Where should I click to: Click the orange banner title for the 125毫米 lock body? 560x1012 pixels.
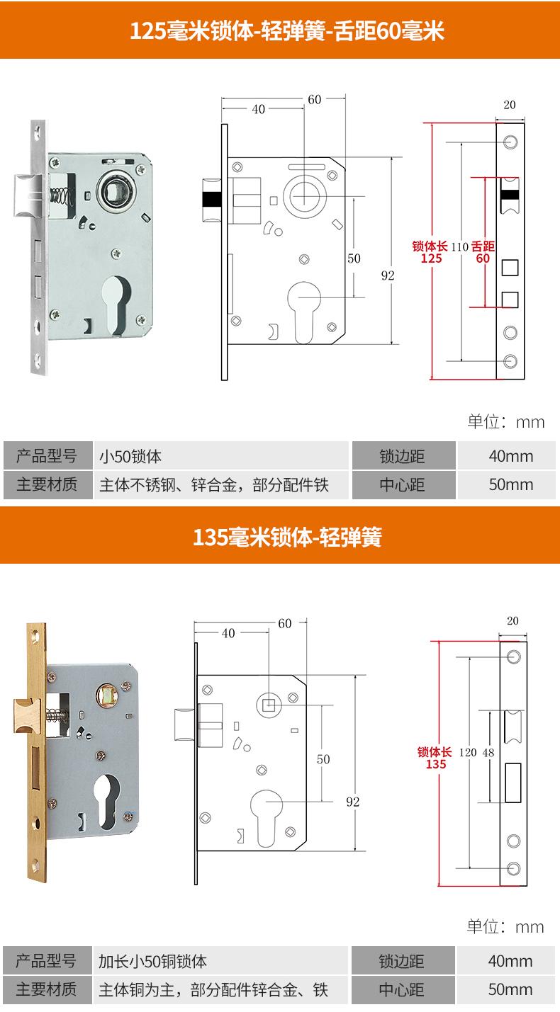click(287, 31)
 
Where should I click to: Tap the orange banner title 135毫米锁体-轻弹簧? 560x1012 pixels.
click(287, 538)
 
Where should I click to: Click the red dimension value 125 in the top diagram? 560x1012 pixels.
click(431, 258)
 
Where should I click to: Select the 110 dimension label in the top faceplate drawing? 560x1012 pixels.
click(459, 246)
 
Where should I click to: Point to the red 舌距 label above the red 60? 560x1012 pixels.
click(483, 246)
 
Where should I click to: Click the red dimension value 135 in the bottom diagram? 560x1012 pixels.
click(436, 764)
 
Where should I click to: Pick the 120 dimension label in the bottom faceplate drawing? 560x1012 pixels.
click(468, 752)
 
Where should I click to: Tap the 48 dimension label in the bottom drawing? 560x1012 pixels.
click(488, 752)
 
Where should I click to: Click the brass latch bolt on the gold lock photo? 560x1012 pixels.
click(28, 715)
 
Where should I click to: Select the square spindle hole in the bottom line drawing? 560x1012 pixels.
click(269, 705)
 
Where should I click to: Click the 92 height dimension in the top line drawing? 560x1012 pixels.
click(388, 275)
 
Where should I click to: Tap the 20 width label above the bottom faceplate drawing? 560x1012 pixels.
click(513, 620)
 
